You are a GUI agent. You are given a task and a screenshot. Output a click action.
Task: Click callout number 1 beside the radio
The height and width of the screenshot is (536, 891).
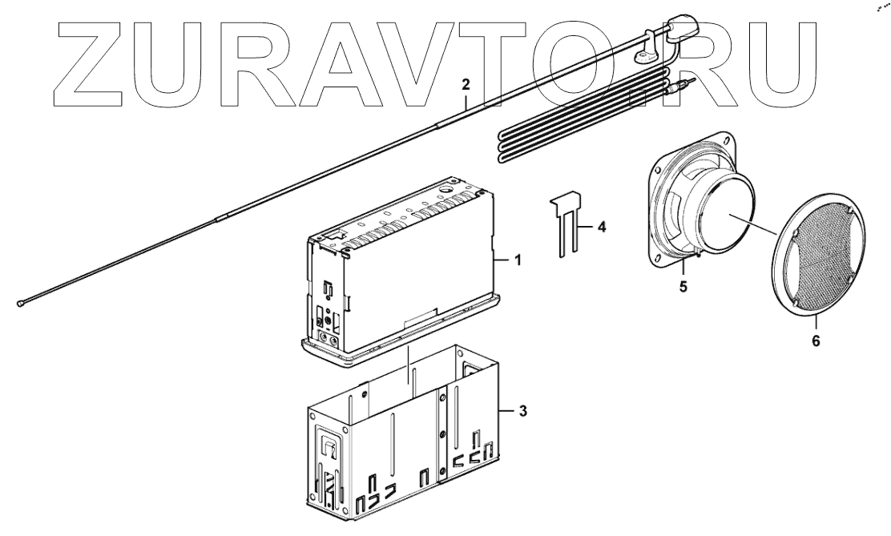[518, 260]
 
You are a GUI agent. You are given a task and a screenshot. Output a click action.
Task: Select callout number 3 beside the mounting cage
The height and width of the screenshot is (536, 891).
[523, 411]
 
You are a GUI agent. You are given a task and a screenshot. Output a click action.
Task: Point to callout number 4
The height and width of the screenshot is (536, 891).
[602, 228]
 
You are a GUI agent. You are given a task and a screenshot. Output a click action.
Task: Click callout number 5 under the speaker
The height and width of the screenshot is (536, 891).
[683, 287]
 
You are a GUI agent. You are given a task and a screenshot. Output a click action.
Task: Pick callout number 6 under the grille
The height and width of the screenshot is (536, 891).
[816, 340]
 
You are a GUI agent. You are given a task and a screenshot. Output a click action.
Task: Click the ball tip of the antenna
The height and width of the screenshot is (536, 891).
[19, 303]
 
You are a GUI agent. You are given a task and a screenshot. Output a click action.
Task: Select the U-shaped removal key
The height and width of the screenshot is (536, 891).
[566, 225]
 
